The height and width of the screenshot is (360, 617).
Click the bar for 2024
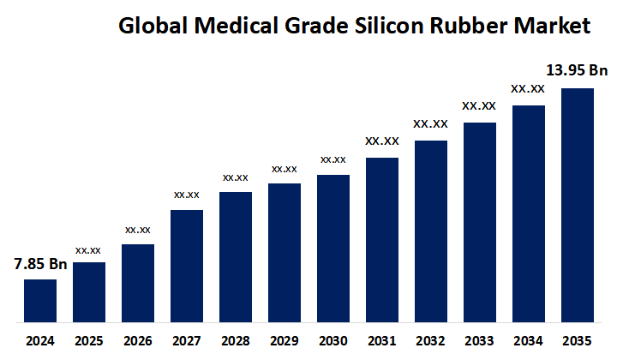pyautogui.click(x=40, y=302)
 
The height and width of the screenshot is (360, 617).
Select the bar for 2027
pyautogui.click(x=187, y=267)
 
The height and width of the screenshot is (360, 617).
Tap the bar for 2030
pyautogui.click(x=333, y=249)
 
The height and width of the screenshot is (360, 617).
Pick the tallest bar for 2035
pyautogui.click(x=578, y=206)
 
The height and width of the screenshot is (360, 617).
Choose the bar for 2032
pyautogui.click(x=431, y=232)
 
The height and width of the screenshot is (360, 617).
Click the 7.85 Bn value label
pyautogui.click(x=40, y=264)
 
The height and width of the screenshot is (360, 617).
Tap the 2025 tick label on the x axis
pyautogui.click(x=89, y=340)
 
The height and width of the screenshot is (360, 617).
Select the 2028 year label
pyautogui.click(x=236, y=340)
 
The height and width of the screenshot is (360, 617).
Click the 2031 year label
pyautogui.click(x=382, y=340)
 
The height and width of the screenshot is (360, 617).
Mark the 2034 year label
pyautogui.click(x=529, y=340)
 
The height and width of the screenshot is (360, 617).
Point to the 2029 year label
pyautogui.click(x=285, y=340)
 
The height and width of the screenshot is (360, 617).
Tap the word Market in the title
pyautogui.click(x=554, y=27)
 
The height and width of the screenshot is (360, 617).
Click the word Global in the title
pyautogui.click(x=147, y=27)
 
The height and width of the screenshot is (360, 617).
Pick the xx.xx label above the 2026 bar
pyautogui.click(x=138, y=230)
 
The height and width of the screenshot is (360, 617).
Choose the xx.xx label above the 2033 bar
pyautogui.click(x=479, y=106)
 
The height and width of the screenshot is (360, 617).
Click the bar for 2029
pyautogui.click(x=285, y=254)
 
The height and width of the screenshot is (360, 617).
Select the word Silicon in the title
pyautogui.click(x=390, y=27)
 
